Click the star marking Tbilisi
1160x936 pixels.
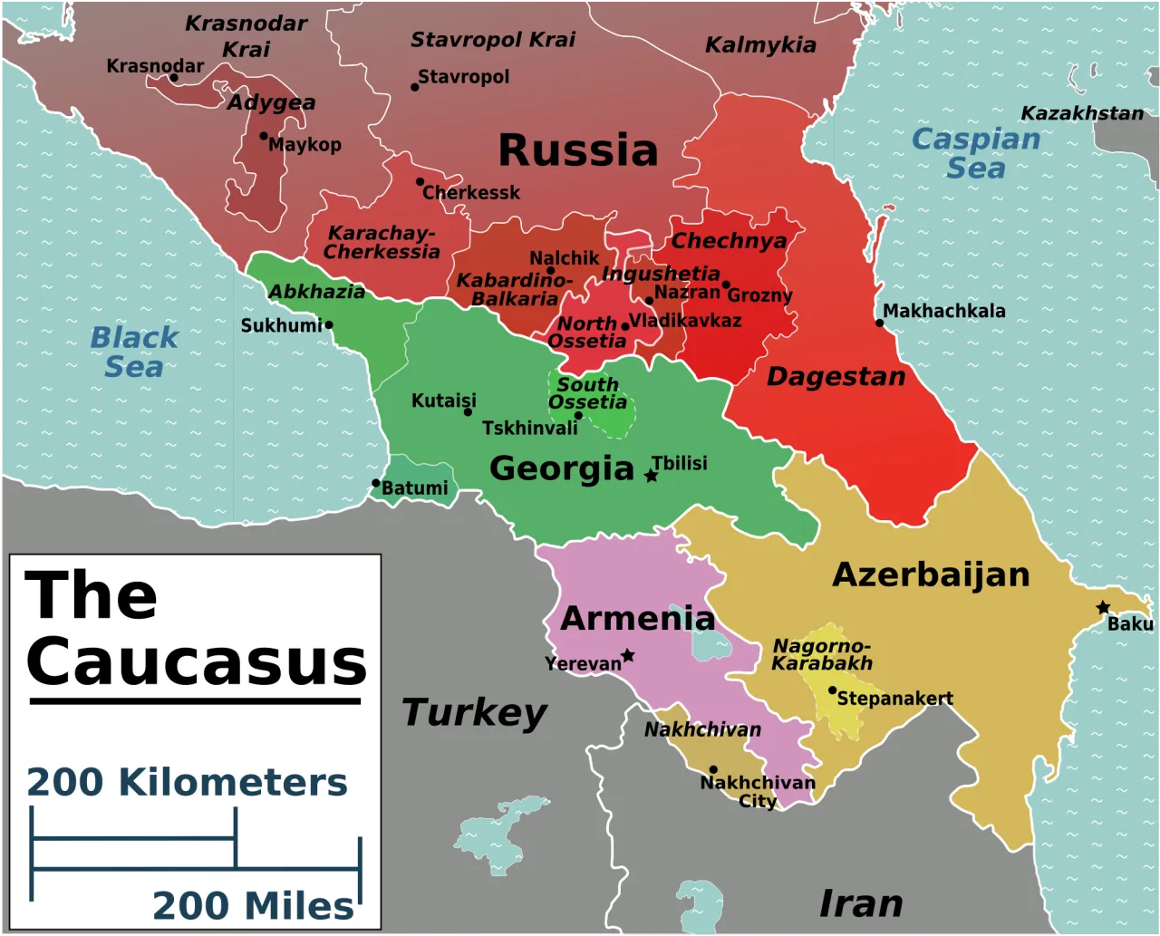coord(651,475)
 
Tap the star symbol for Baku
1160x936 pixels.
coord(1103,607)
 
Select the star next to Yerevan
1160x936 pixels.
coord(627,655)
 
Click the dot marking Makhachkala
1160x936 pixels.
coord(878,323)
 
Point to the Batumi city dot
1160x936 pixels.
coord(375,484)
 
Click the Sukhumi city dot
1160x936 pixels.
coord(329,324)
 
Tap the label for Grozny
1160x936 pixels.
coord(759,295)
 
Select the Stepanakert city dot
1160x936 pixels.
coord(832,690)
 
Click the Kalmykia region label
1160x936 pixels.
coord(760,45)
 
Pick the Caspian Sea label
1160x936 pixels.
coord(976,153)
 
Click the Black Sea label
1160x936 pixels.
coord(134,352)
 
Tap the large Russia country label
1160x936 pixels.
coord(578,150)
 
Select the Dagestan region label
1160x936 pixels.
coord(836,377)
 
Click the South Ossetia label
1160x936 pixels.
coord(587,393)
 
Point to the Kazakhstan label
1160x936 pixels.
coord(1082,113)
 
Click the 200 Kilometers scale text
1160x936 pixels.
coord(187,782)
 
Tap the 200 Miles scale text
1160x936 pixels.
coord(253,905)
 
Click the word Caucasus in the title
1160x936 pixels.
coord(197,661)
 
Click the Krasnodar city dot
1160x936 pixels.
coord(174,78)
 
